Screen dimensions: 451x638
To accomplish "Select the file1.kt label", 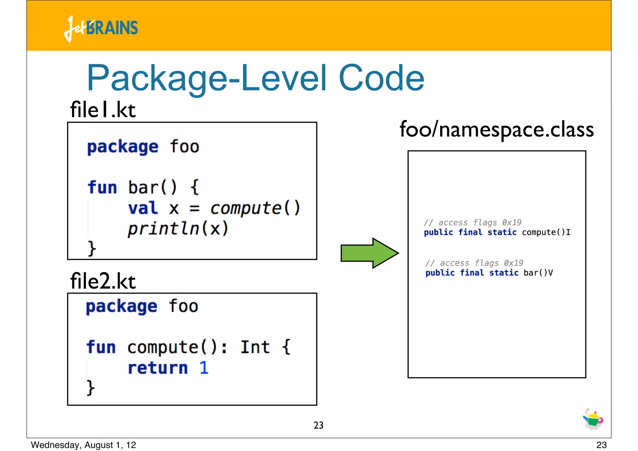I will tap(103, 110).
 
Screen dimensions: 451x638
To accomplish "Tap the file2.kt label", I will tap(103, 281).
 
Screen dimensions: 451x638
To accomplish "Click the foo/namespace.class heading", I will tap(497, 129).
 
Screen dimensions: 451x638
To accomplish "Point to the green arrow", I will tap(369, 253).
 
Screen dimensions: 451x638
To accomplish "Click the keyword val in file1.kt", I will tap(143, 208).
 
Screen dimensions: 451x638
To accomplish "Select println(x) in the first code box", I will tap(178, 228).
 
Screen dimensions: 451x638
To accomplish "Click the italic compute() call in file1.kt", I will tap(255, 208).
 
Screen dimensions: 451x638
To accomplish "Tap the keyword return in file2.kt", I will tap(158, 368).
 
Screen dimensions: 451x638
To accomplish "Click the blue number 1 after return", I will tap(204, 368).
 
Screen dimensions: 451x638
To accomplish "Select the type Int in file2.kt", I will tap(255, 347).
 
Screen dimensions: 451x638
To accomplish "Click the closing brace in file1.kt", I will tap(92, 248).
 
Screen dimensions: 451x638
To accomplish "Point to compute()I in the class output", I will tap(546, 233).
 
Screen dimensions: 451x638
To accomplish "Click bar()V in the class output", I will tap(538, 273).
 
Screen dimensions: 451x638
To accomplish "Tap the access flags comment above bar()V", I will tap(474, 263).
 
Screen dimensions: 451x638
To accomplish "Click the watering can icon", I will tap(593, 420).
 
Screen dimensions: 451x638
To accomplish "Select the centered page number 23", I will tap(318, 425).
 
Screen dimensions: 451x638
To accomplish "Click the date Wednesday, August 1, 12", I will tap(83, 445).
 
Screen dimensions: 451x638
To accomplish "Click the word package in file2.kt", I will tap(121, 306).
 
